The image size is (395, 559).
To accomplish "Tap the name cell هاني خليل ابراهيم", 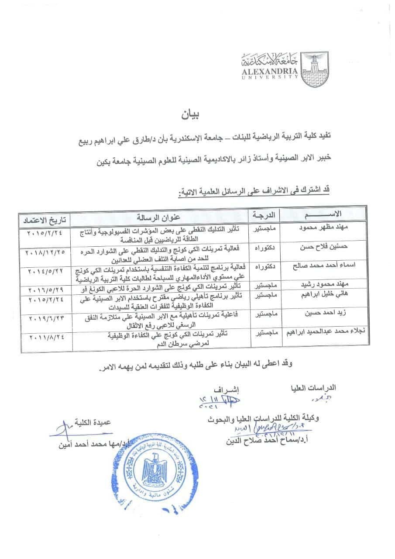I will [312, 295].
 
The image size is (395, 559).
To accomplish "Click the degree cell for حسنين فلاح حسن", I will [264, 248].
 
